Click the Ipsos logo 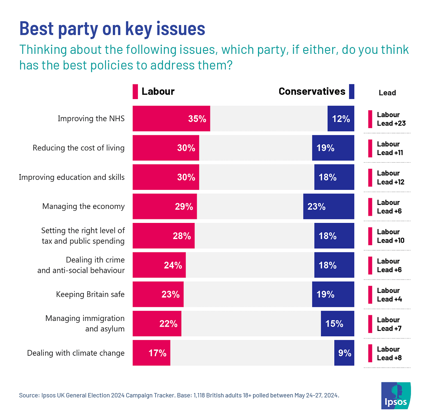396,396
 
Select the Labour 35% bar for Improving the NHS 171,118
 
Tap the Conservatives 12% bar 341,118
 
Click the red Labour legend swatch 135,92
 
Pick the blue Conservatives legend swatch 352,92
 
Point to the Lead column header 387,93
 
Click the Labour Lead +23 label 391,119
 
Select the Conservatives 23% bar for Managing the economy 329,206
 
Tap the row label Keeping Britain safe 90,294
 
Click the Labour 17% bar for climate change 151,353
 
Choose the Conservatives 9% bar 344,353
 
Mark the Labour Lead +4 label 389,295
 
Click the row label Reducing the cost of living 78,148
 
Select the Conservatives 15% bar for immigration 337,324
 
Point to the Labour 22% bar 157,324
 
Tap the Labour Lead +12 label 390,178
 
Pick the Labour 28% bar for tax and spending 163,236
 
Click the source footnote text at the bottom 179,395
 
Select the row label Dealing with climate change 76,353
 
